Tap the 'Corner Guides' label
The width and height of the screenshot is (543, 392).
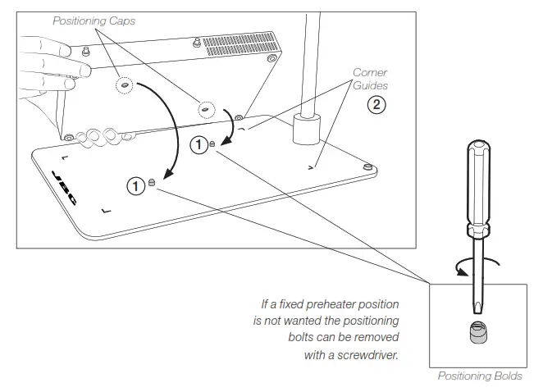(370, 79)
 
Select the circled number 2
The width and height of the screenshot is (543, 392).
(376, 105)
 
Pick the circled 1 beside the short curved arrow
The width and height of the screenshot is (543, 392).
(199, 145)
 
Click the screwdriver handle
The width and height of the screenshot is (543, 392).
(477, 185)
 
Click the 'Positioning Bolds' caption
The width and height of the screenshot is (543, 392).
(479, 376)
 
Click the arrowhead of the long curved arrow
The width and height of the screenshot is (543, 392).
(167, 174)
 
